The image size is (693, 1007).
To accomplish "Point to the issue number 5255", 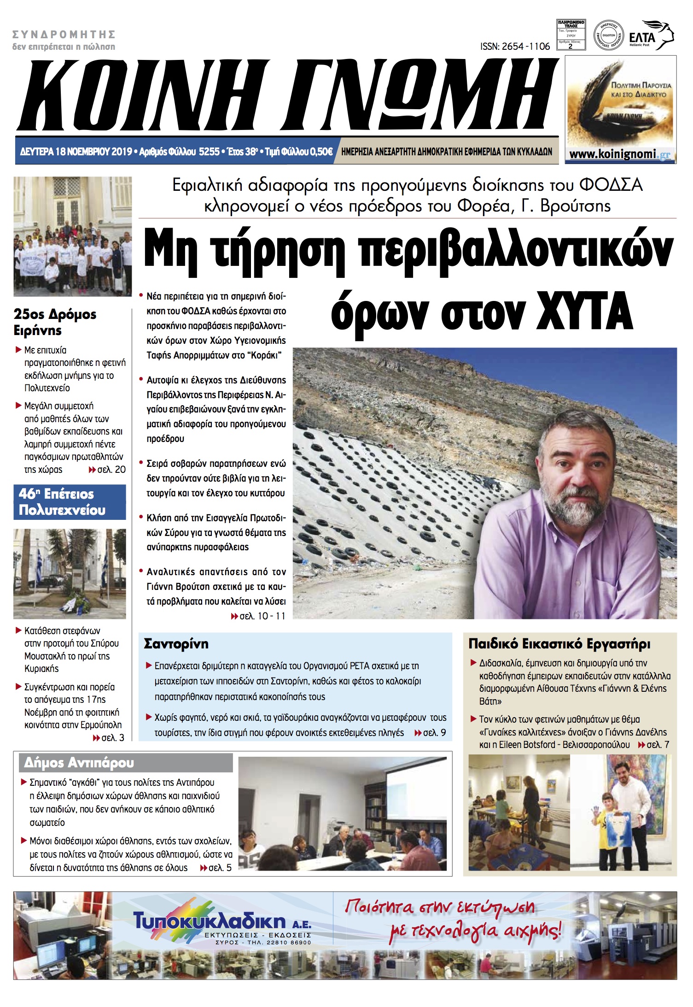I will [209, 152].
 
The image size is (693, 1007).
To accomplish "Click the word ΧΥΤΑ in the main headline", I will [584, 312].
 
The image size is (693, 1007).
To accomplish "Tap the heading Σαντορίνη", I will [176, 644].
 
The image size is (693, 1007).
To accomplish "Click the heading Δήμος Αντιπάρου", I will [79, 763].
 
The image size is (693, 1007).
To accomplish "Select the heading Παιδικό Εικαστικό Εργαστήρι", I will [559, 644].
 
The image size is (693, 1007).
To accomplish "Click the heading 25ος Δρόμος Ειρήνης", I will [55, 322].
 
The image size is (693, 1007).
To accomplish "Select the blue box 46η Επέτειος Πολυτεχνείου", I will [70, 502].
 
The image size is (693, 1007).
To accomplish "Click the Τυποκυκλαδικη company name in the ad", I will [210, 921].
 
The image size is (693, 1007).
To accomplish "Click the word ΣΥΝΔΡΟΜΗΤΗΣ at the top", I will [64, 35].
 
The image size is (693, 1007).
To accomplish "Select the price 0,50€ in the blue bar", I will [321, 152].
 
